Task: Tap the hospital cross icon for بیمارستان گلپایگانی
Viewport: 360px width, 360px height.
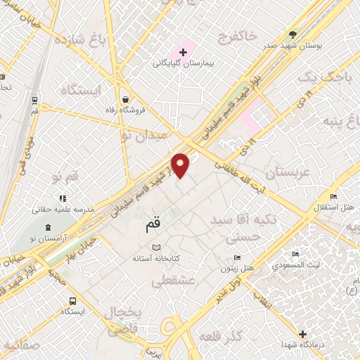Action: coord(183,51)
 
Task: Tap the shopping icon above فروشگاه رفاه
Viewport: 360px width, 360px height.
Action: coord(124,98)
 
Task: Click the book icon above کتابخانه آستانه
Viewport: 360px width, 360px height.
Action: coord(157,247)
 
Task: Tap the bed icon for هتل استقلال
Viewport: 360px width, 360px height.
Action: coord(334,196)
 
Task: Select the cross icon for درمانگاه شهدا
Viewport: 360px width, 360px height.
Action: coord(302,334)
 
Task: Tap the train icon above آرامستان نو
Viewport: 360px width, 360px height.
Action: coord(47,227)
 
